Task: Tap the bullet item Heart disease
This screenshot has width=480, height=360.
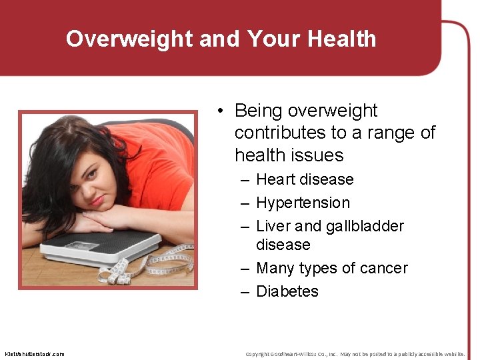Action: tap(305, 179)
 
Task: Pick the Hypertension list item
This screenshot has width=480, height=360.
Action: tap(303, 203)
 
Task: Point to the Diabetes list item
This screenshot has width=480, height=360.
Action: tap(287, 291)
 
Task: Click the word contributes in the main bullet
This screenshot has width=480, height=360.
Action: tap(279, 133)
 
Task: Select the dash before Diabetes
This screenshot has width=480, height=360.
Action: tap(245, 291)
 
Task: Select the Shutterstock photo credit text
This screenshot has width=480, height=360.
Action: tap(35, 353)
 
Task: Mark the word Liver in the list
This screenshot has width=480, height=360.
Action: tap(272, 226)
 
